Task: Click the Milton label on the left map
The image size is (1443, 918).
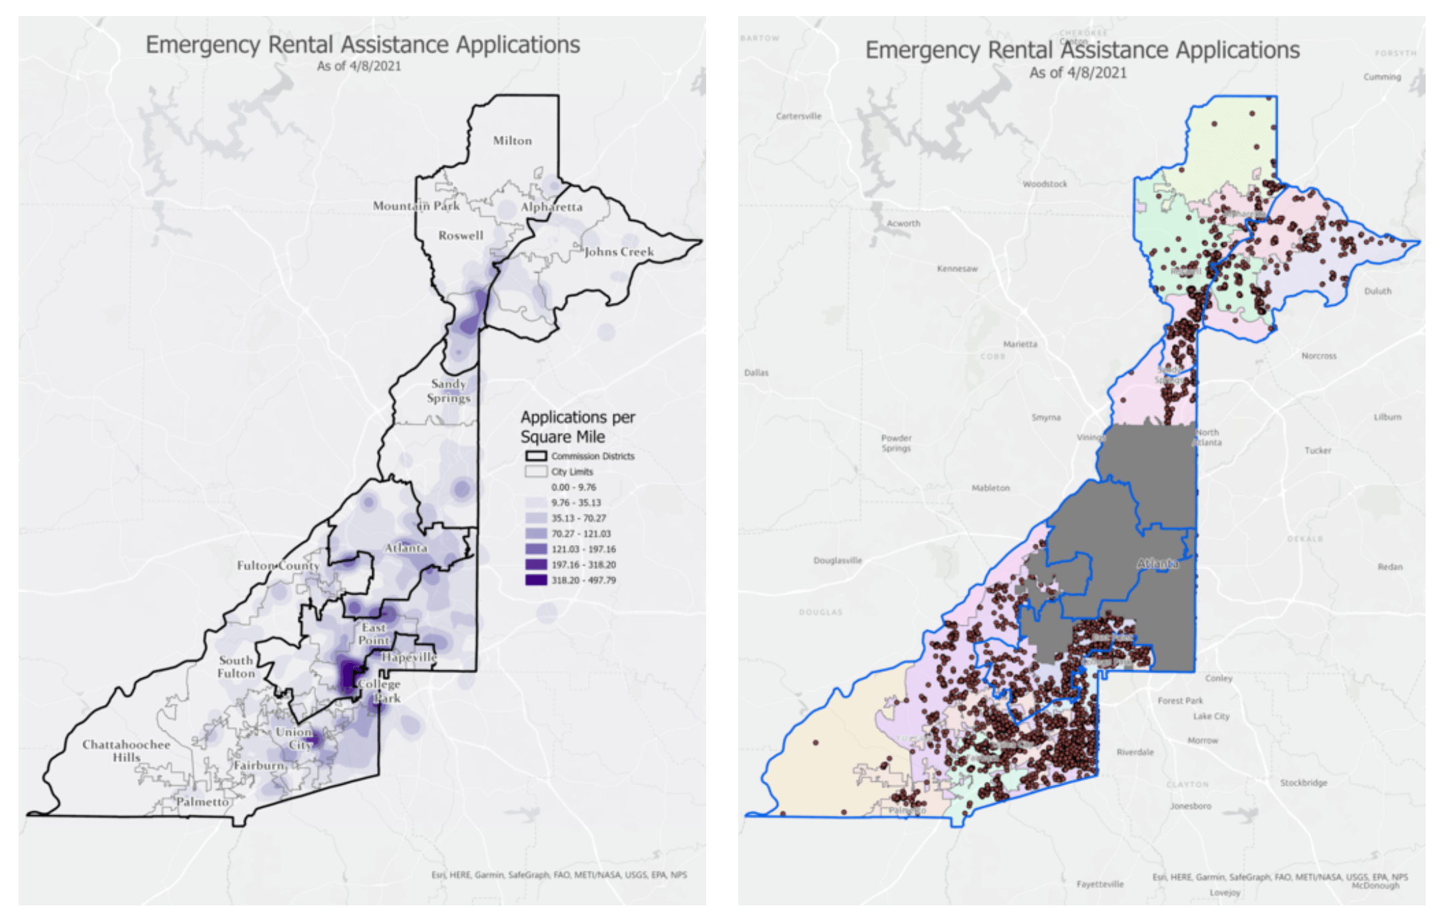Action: (512, 141)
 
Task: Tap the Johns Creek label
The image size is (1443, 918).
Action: (619, 252)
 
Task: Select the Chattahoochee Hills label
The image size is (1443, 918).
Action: (126, 751)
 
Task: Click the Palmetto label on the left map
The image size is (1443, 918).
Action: (202, 801)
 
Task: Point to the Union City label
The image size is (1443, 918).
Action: (294, 738)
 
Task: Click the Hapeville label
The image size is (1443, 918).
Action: (408, 657)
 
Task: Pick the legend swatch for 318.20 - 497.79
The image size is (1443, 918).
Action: (535, 580)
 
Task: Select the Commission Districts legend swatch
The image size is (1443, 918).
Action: (535, 456)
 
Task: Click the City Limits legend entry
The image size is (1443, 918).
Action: (571, 472)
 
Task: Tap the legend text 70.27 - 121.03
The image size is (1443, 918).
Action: (581, 534)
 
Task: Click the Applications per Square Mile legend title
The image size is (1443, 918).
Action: (577, 427)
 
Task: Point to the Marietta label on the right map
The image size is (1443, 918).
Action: (1020, 344)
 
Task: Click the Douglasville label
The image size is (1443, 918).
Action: (837, 560)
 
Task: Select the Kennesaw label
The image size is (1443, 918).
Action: (957, 269)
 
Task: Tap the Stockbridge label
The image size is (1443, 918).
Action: (1303, 783)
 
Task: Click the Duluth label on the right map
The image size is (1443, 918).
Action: (1378, 291)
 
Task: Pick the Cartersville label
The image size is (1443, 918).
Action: (798, 116)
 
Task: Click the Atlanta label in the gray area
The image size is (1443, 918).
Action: (1157, 564)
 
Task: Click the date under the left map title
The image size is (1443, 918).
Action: (359, 66)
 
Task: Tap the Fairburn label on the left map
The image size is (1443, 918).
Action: (258, 765)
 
